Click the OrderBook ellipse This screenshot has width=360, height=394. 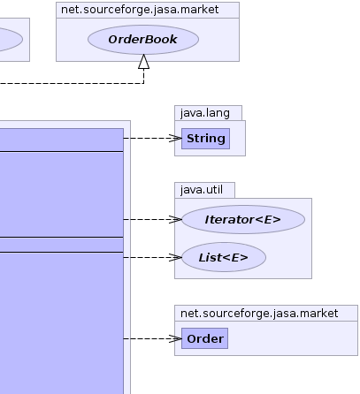143,40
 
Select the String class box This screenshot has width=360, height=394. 205,139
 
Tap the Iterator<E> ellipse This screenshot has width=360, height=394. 243,219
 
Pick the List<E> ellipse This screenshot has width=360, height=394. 224,257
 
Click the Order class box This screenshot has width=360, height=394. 204,338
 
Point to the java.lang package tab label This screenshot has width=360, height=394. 205,113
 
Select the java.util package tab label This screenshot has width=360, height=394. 202,190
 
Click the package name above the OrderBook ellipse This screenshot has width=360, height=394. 140,10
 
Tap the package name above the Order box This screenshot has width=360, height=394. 259,314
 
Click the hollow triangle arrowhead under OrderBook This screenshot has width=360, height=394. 144,62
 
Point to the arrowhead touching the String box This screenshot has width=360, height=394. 176,138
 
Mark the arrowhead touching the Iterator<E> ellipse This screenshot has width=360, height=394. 176,219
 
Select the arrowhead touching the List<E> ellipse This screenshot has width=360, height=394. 176,257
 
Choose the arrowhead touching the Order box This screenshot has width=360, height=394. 176,338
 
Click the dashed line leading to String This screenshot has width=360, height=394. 152,138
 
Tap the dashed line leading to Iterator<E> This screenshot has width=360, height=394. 152,219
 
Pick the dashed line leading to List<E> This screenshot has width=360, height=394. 152,257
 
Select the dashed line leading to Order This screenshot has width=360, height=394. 152,338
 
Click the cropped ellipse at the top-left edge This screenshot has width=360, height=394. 11,40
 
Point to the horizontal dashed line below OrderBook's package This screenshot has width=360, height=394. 72,84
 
